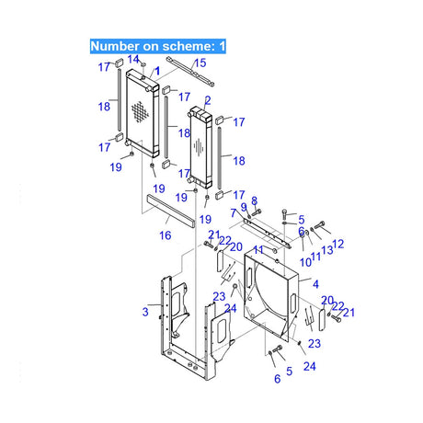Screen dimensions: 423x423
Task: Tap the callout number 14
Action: [132, 59]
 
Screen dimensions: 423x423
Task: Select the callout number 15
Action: [200, 63]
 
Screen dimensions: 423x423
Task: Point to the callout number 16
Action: [166, 235]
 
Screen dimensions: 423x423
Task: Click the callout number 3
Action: [145, 313]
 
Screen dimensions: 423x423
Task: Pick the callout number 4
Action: [315, 284]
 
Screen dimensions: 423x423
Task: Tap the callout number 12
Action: [337, 244]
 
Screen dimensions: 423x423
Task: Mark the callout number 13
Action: [326, 251]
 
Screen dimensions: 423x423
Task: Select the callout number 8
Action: [254, 200]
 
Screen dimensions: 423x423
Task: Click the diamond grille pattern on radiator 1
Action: [139, 113]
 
